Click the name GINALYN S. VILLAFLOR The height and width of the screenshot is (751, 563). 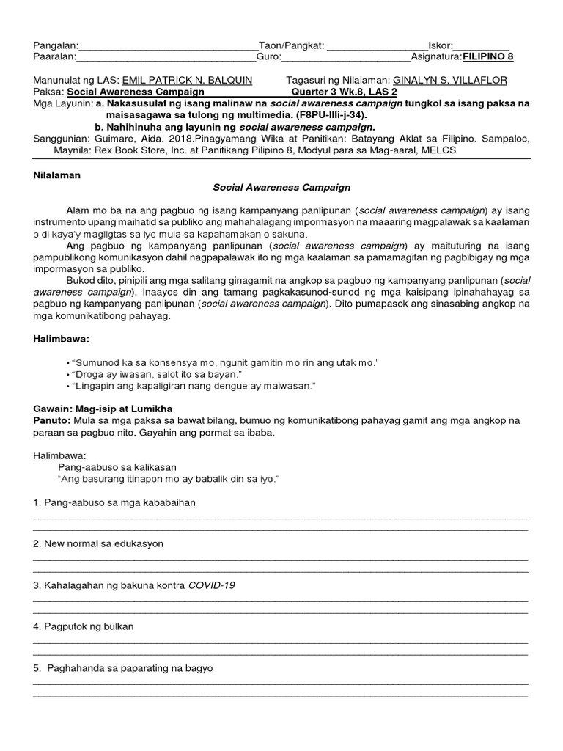pos(449,80)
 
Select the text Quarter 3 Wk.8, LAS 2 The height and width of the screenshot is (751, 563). pos(344,92)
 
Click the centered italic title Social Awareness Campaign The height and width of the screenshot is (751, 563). pos(281,188)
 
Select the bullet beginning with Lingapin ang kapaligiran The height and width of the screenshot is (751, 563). pos(191,386)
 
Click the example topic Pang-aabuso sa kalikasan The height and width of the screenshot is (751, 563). pos(117,467)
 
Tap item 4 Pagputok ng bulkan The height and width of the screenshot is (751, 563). pos(84,627)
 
